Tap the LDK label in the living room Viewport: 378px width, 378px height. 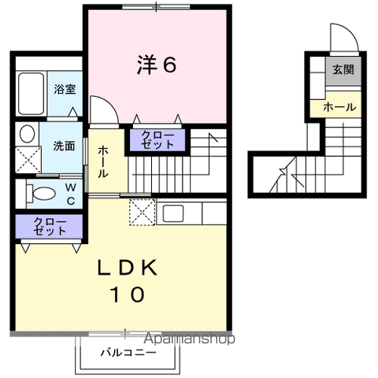(x=129, y=267)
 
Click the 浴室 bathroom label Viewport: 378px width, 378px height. (x=65, y=89)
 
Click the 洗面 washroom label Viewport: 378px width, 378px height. (x=64, y=145)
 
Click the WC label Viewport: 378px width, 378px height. (x=69, y=192)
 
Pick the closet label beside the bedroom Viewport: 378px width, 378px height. (x=158, y=140)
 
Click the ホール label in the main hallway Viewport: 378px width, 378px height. (x=103, y=161)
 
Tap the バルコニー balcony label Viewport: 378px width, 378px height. (x=128, y=352)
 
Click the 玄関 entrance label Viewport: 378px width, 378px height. (x=342, y=69)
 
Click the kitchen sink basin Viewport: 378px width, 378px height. (x=173, y=213)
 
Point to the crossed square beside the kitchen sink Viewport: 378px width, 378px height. (x=143, y=212)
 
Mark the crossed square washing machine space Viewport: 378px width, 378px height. (x=28, y=160)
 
